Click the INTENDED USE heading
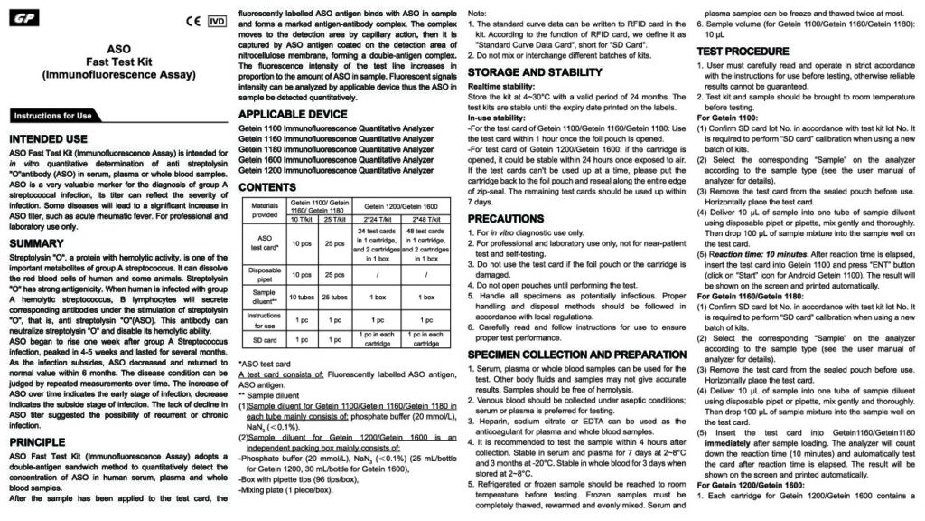tap(48, 139)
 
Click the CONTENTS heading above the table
tap(266, 186)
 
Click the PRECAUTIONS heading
tap(506, 219)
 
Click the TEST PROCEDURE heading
tap(743, 52)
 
